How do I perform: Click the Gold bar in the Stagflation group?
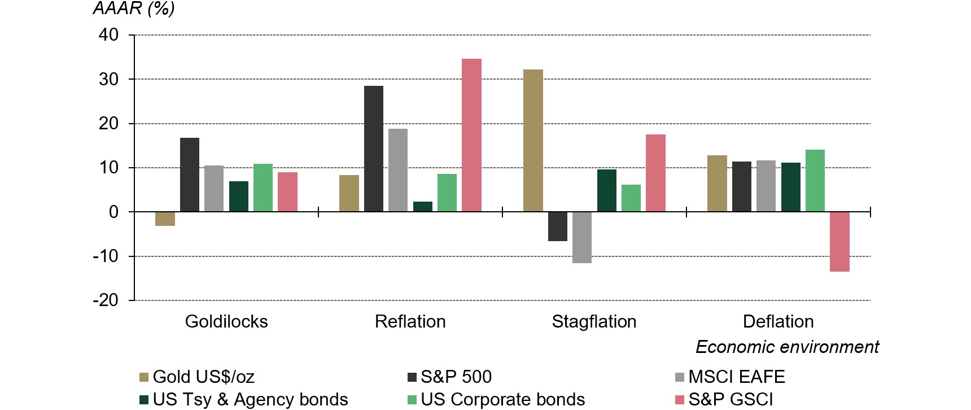point(533,141)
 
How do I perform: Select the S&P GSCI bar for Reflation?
point(471,136)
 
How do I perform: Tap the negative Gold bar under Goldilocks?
point(165,219)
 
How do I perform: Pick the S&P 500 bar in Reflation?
point(374,149)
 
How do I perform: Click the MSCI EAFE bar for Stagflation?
point(582,237)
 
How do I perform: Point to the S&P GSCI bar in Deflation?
point(839,242)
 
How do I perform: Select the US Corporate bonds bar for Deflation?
point(815,181)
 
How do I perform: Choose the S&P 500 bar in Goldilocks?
point(190,175)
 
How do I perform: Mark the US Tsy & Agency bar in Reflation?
point(423,207)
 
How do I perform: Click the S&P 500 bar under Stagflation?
point(558,226)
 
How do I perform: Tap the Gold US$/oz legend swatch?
point(144,377)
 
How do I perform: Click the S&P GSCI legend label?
point(731,399)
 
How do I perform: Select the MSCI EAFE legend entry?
point(737,377)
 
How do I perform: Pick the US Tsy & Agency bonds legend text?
point(250,399)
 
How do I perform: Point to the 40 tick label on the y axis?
point(108,35)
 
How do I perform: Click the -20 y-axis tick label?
point(106,300)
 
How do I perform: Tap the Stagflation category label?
point(594,321)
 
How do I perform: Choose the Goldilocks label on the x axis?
point(226,321)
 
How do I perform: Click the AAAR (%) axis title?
point(133,9)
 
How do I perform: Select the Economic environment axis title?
point(787,347)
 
